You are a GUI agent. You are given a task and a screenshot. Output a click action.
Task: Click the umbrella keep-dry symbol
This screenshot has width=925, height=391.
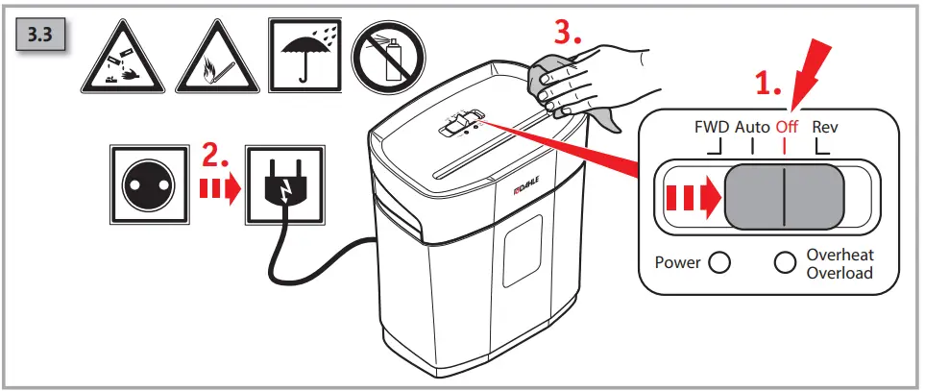click(304, 56)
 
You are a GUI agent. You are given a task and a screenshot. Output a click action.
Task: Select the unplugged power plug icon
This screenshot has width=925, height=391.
click(281, 183)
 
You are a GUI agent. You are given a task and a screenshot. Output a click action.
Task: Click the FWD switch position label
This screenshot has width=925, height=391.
click(712, 126)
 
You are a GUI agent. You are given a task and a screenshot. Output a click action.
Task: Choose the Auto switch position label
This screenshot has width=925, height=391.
click(753, 126)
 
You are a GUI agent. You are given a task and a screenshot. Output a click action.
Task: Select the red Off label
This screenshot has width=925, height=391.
click(789, 126)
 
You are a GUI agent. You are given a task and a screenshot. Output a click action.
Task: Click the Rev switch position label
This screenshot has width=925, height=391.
click(825, 126)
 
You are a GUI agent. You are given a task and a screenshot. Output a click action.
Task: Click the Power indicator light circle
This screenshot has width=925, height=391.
click(718, 262)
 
